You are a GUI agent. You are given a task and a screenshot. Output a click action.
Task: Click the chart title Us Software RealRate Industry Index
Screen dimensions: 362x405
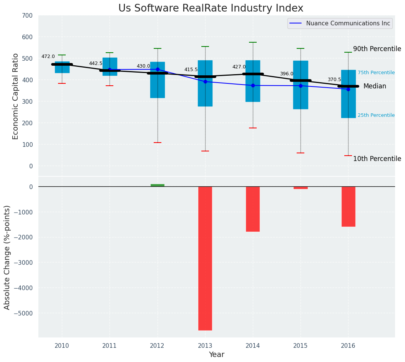pyautogui.click(x=211, y=8)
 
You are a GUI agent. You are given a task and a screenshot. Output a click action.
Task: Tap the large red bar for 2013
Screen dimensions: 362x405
pyautogui.click(x=205, y=258)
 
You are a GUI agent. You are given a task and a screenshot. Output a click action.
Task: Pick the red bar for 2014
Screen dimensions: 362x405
pyautogui.click(x=253, y=209)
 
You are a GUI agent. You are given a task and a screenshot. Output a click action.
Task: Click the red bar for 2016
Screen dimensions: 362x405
pyautogui.click(x=348, y=206)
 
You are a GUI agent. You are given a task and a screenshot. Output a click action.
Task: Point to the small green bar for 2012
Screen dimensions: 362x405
pyautogui.click(x=158, y=185)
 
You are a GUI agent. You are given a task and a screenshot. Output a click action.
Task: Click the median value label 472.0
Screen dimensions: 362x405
pyautogui.click(x=48, y=57)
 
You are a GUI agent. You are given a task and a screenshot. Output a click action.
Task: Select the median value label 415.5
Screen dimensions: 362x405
pyautogui.click(x=191, y=70)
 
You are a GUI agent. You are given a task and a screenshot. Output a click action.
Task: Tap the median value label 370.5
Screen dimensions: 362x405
pyautogui.click(x=334, y=80)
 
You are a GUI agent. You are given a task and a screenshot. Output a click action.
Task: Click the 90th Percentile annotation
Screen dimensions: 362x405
pyautogui.click(x=377, y=49)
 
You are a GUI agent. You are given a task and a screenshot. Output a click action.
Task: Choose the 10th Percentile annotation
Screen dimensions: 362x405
pyautogui.click(x=377, y=159)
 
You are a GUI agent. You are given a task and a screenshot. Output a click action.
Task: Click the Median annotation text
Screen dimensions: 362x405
pyautogui.click(x=375, y=86)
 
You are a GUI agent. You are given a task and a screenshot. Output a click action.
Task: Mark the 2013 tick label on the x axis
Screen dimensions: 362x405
pyautogui.click(x=205, y=346)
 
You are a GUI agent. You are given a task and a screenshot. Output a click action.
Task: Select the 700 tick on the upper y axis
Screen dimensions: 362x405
pyautogui.click(x=28, y=16)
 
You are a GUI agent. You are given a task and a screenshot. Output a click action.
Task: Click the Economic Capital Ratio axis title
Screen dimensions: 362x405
pyautogui.click(x=16, y=96)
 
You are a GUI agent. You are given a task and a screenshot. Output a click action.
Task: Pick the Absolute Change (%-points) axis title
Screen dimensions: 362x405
pyautogui.click(x=7, y=257)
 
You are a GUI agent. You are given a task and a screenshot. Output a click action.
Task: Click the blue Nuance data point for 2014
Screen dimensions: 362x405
pyautogui.click(x=253, y=85)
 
